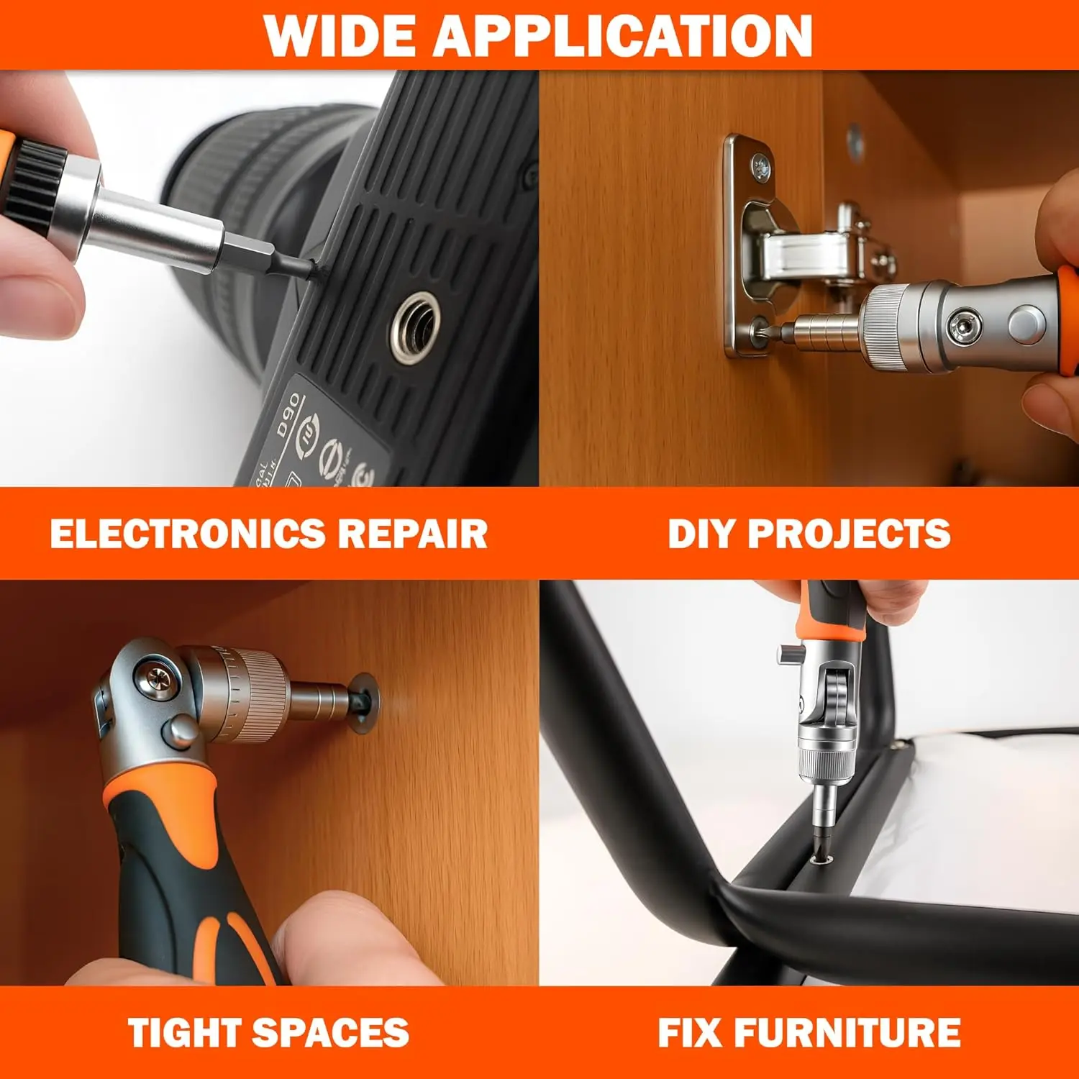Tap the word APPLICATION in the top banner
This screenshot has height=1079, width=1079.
tap(623, 35)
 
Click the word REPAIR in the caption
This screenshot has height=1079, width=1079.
tap(413, 534)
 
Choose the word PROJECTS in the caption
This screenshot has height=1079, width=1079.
tap(849, 534)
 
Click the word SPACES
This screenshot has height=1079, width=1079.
tap(331, 1033)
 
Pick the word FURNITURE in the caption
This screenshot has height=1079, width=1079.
tap(847, 1033)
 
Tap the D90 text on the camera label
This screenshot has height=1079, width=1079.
tap(289, 416)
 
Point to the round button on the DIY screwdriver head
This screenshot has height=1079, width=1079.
tap(1026, 323)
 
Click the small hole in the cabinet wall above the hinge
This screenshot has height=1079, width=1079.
tap(854, 142)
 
